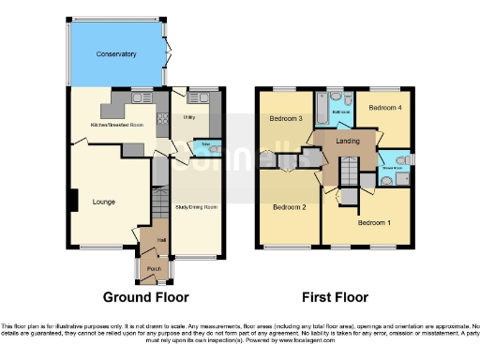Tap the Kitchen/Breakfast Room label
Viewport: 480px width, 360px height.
(x=115, y=124)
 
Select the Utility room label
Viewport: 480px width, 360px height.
(x=188, y=118)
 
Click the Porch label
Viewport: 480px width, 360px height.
(x=154, y=268)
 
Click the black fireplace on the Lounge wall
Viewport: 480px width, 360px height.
(x=72, y=201)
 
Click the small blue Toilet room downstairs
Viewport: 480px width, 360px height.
(x=204, y=147)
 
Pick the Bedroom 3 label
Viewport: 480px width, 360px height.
(x=285, y=119)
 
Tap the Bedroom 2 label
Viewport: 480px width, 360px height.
(x=290, y=206)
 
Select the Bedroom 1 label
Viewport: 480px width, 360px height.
(x=374, y=223)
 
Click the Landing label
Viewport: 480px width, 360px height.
(x=348, y=141)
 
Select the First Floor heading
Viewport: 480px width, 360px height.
(x=334, y=298)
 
